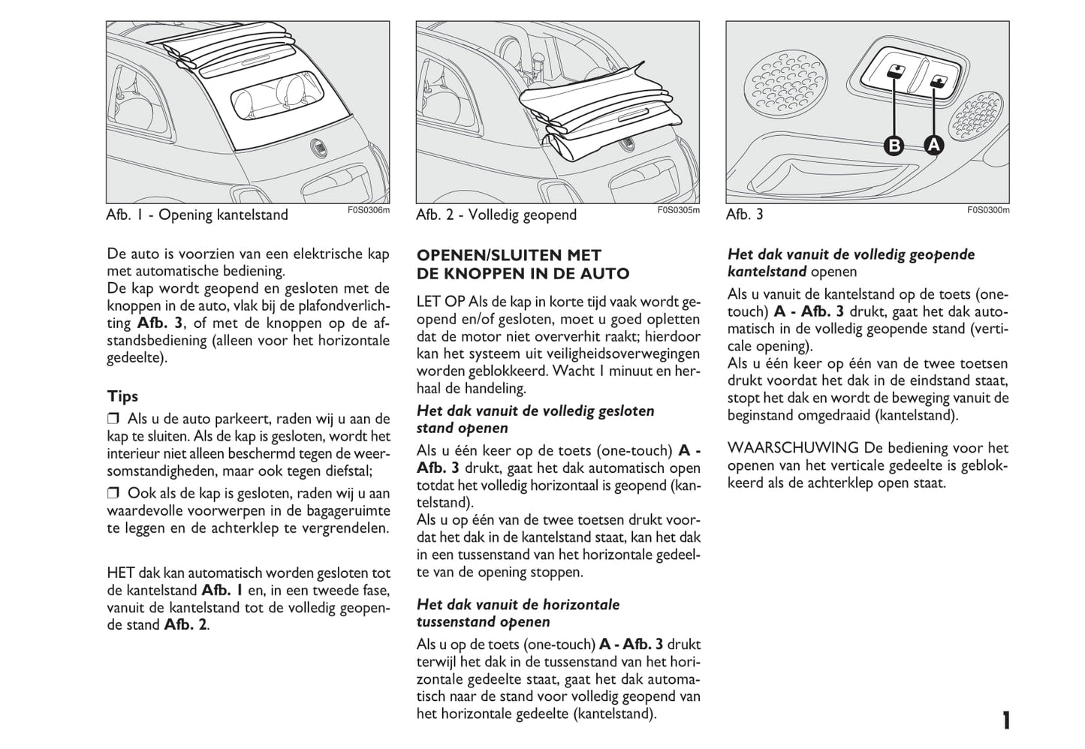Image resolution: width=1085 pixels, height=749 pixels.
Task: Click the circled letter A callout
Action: [x=933, y=144]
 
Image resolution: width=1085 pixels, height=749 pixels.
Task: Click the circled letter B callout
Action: [x=894, y=144]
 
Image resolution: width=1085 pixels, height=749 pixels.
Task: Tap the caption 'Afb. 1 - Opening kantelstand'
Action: [x=197, y=215]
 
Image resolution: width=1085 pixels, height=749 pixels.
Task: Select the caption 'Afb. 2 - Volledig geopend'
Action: [x=496, y=215]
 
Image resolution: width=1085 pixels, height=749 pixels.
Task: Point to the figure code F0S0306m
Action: [x=369, y=210]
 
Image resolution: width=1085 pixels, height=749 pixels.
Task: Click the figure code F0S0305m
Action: [x=678, y=210]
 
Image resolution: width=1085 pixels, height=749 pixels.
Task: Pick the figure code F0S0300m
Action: [x=988, y=210]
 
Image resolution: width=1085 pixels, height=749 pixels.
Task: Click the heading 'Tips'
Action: [x=122, y=396]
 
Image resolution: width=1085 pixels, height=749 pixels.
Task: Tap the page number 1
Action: [x=1005, y=721]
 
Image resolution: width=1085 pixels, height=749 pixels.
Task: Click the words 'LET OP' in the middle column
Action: [x=441, y=302]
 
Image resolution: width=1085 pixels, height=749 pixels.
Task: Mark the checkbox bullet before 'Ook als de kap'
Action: [x=113, y=494]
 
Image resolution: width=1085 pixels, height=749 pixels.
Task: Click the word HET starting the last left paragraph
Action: [x=121, y=573]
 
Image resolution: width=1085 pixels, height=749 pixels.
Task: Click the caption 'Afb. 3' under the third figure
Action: [x=744, y=215]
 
